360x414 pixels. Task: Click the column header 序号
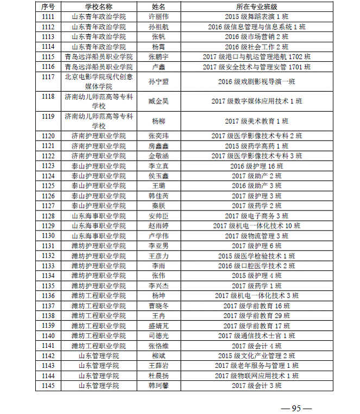coord(48,7)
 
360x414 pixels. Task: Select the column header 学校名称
coord(98,7)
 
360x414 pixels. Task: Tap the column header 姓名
coord(159,7)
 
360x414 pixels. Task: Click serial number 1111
coord(48,16)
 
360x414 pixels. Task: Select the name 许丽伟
coord(159,16)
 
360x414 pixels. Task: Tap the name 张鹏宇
coord(159,56)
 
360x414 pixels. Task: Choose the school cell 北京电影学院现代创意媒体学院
coord(98,82)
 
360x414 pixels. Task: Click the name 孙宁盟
coord(159,82)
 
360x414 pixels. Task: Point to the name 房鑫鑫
coord(159,146)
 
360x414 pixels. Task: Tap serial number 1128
coord(48,216)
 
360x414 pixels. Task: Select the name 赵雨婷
coord(159,226)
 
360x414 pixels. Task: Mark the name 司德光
coord(159,336)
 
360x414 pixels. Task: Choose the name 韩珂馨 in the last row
coord(159,386)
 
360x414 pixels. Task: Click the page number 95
coord(296,408)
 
